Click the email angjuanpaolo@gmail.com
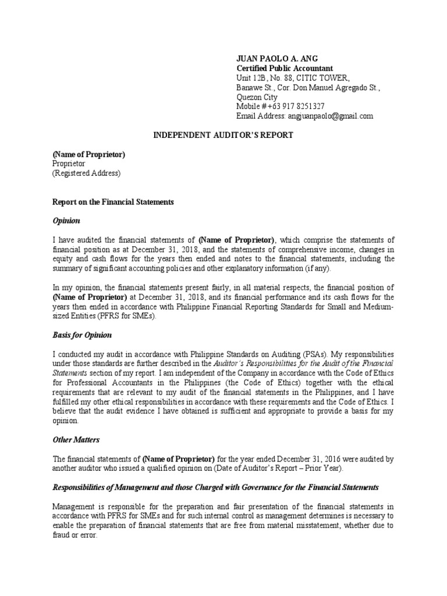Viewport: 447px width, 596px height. [x=329, y=116]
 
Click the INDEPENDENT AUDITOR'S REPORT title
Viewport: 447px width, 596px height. [x=223, y=135]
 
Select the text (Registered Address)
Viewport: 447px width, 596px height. [x=86, y=173]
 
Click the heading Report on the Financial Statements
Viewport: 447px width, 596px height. [x=113, y=202]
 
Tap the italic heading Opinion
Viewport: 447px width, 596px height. [x=66, y=221]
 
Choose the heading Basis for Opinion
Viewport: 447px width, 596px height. [x=82, y=336]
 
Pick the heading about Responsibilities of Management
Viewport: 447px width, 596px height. [x=215, y=487]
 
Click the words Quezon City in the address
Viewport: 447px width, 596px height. [x=257, y=97]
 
